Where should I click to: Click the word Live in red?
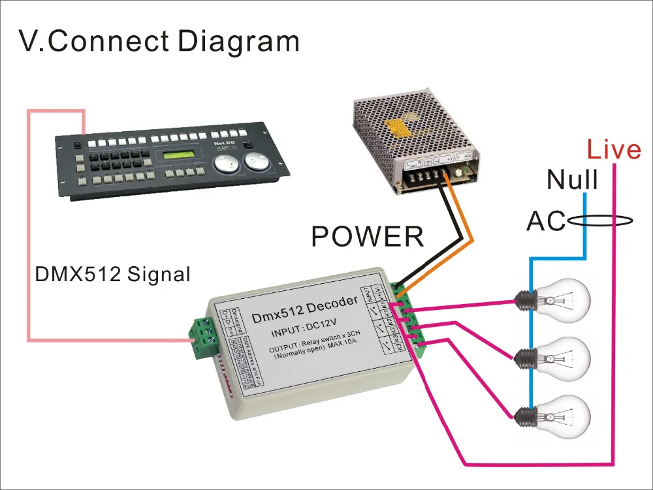614,150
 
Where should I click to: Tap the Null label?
572,179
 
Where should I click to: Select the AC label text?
546,222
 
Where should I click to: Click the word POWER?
368,236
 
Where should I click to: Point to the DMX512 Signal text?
112,275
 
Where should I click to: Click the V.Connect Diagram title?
159,41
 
